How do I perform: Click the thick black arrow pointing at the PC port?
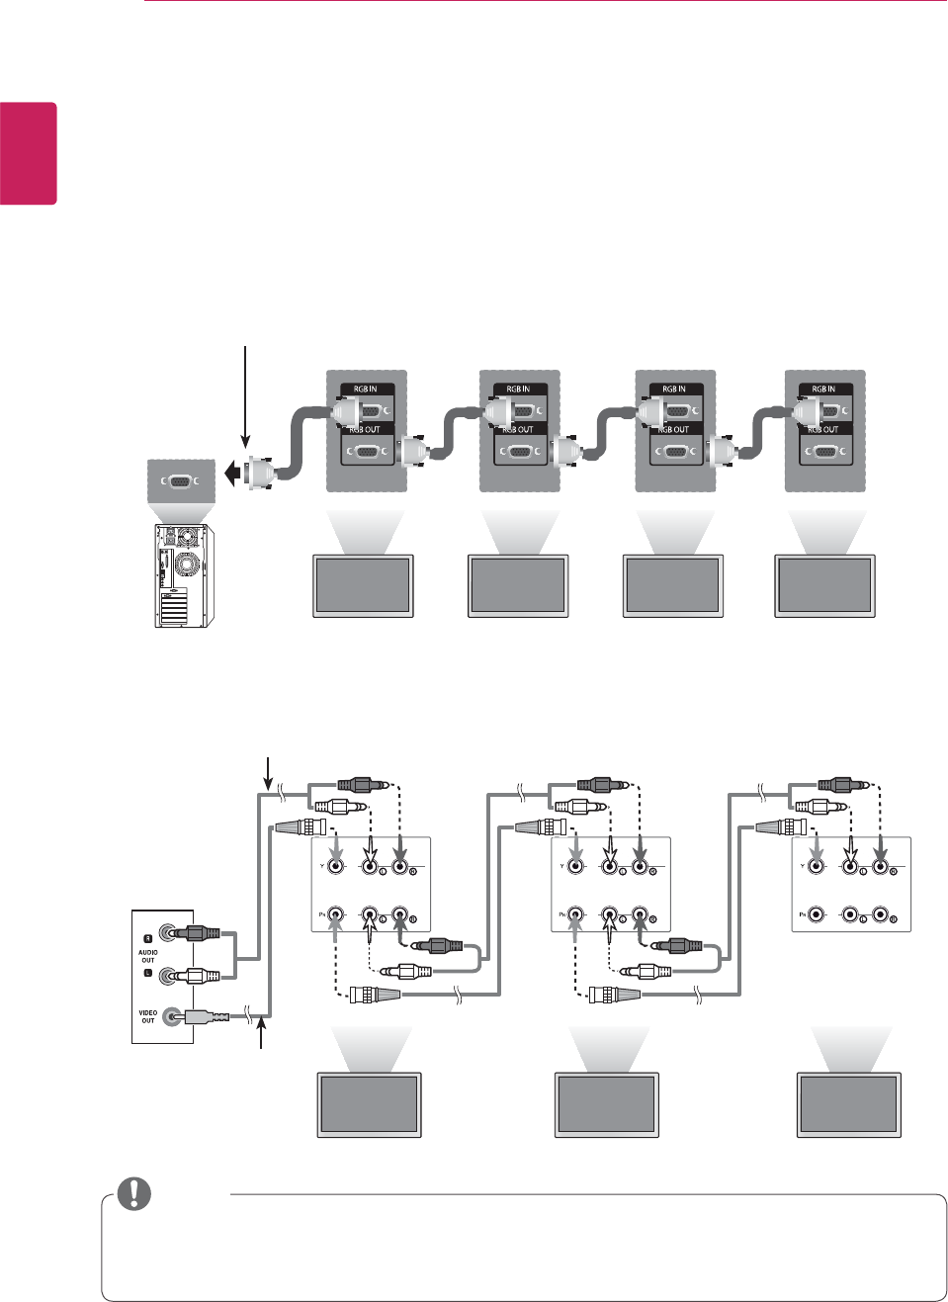point(231,475)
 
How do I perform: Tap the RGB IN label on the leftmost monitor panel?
point(366,390)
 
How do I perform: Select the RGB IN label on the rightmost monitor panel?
point(823,390)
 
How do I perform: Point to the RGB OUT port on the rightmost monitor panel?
point(824,453)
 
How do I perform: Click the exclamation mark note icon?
point(134,1193)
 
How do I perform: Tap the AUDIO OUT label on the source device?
point(148,956)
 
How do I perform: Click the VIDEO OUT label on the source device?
point(148,1016)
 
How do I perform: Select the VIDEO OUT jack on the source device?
point(175,1015)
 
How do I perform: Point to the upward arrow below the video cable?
point(262,1036)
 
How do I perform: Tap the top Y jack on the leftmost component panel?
point(337,867)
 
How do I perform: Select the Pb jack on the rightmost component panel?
point(816,915)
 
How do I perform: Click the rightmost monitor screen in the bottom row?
point(849,1103)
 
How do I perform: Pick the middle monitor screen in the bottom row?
point(606,1103)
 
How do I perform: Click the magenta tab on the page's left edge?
point(29,153)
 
